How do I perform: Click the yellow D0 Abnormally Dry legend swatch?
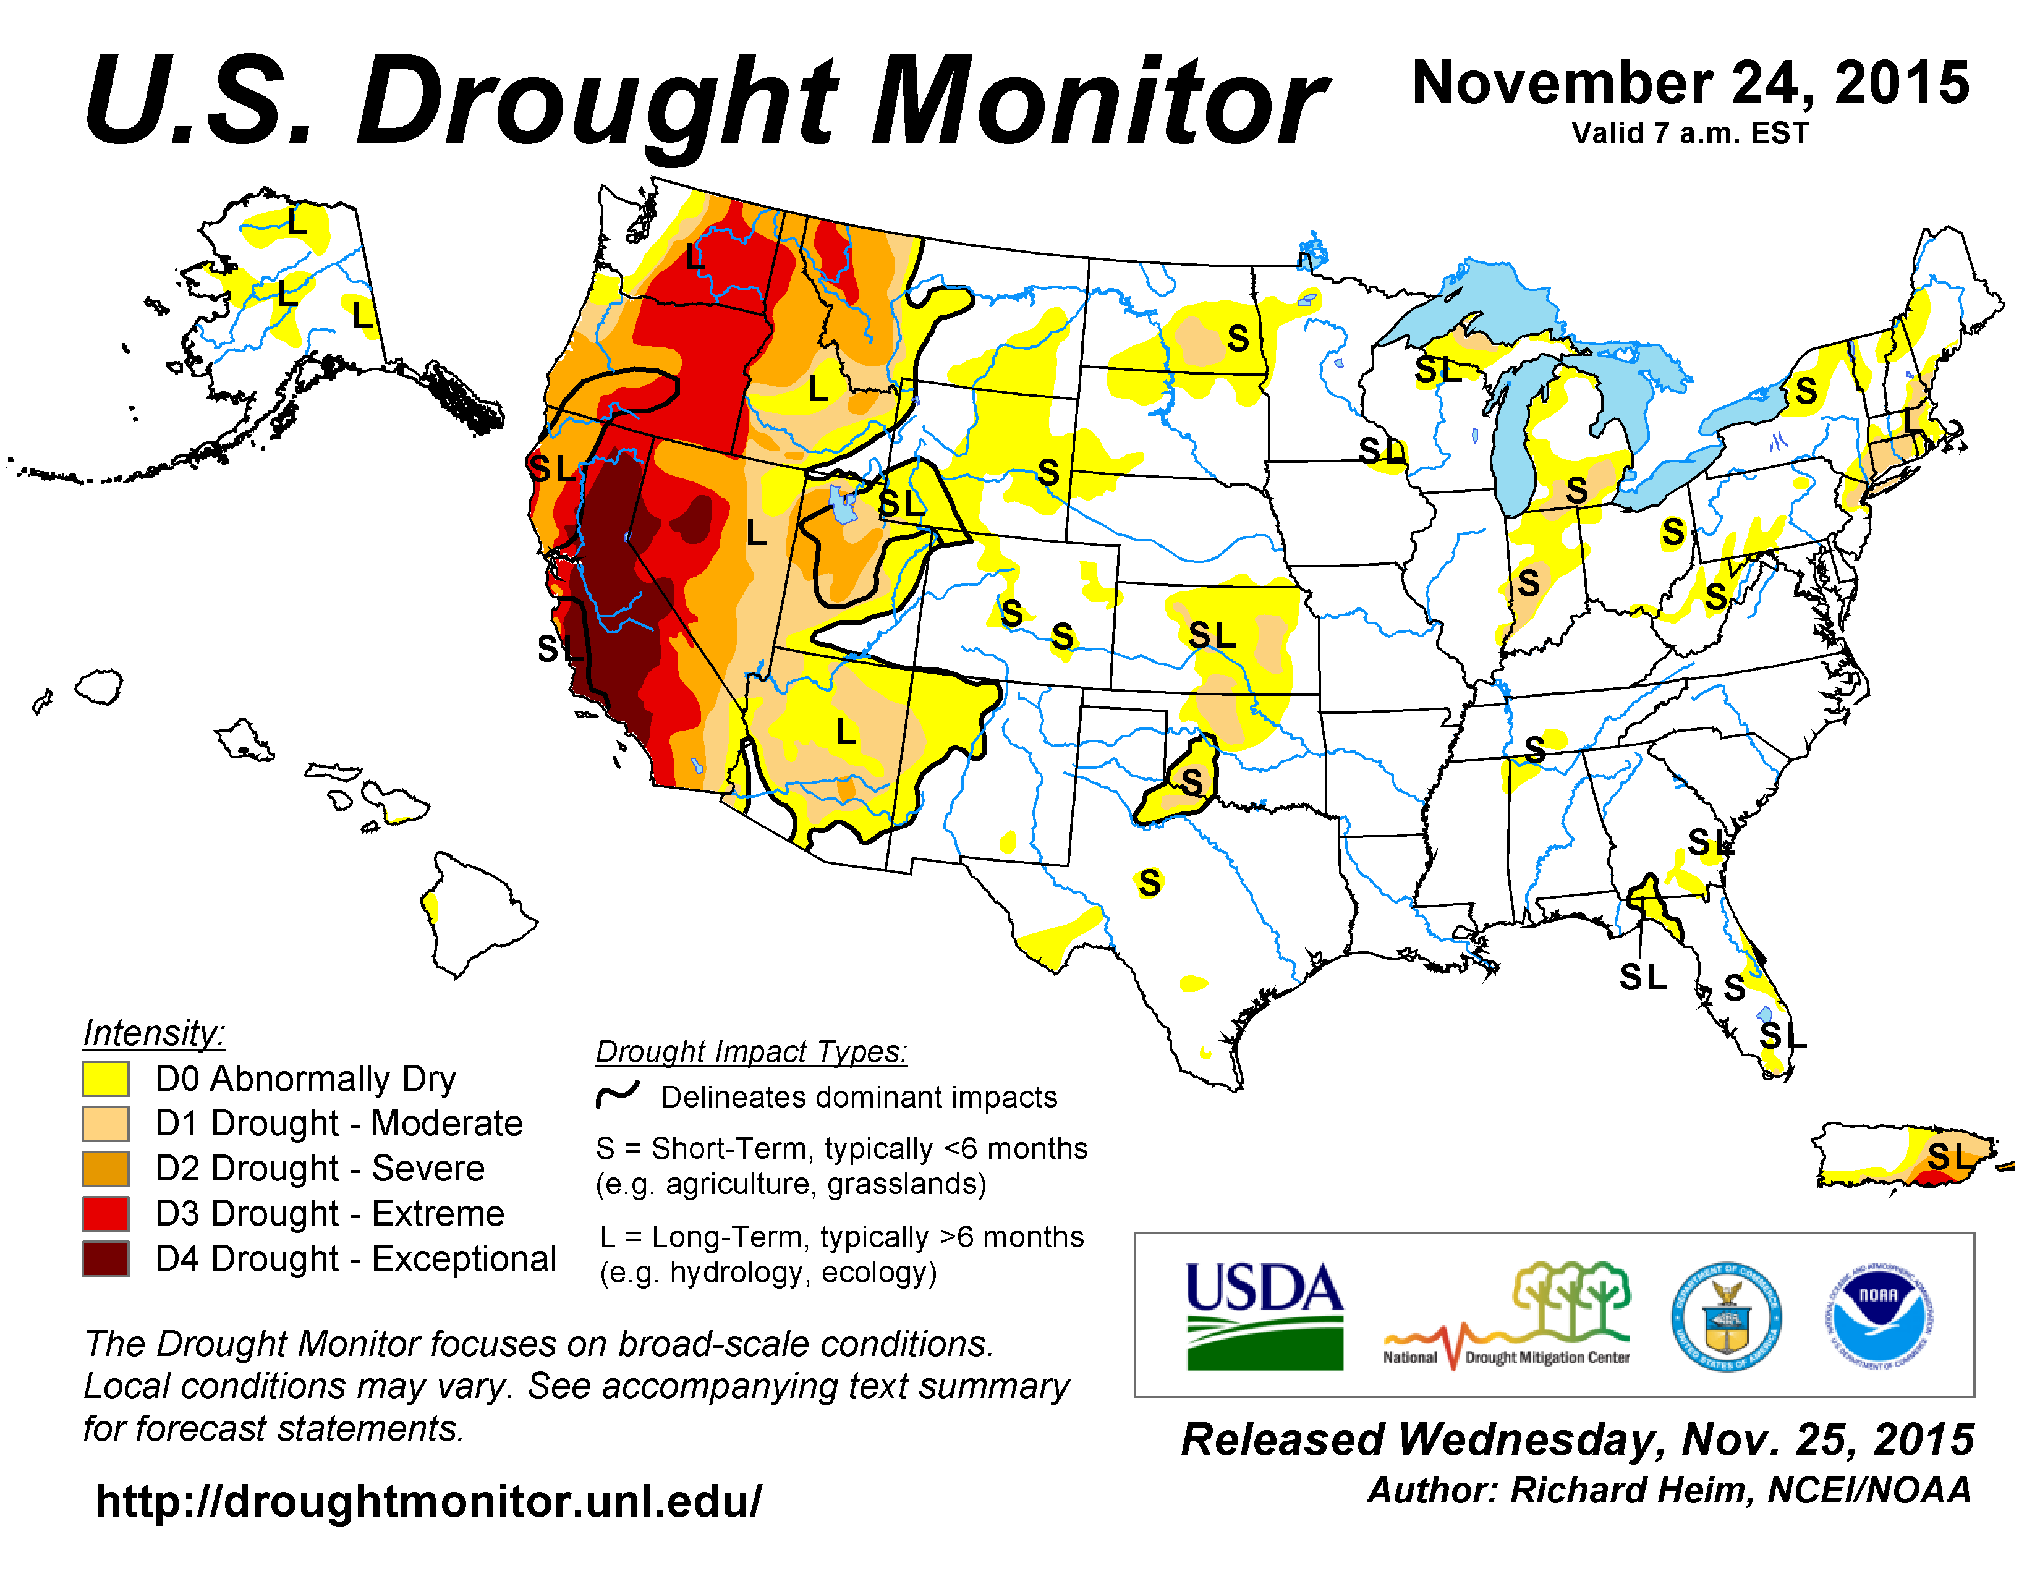104,1078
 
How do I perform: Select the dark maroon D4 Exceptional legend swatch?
104,1258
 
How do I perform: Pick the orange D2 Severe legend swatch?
104,1169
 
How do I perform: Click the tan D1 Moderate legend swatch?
104,1123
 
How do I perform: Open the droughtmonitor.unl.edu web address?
429,1501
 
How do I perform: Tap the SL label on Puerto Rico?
1950,1157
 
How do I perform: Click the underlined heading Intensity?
154,1033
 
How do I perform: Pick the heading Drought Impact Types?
751,1051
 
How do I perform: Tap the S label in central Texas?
1150,883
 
